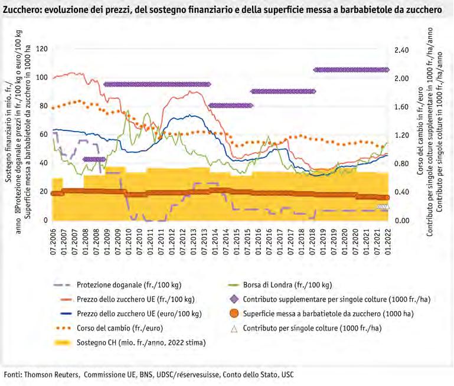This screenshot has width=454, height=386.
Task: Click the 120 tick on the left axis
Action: tap(41, 49)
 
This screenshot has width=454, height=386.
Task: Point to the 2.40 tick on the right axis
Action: tap(401, 50)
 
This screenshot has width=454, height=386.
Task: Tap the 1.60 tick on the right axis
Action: tap(401, 107)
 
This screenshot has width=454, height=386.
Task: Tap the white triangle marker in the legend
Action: tap(251, 328)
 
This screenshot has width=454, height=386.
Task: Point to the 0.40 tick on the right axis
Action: tap(401, 192)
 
